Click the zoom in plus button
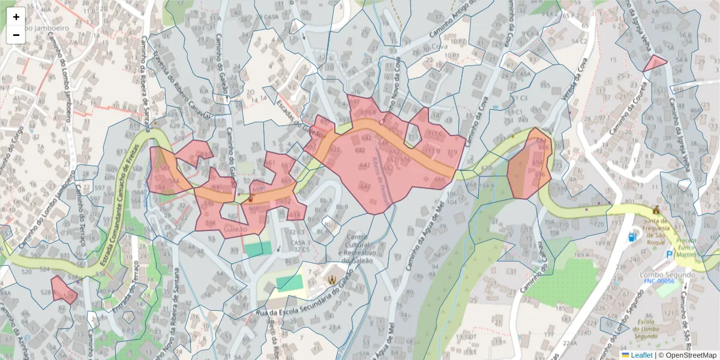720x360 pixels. pyautogui.click(x=16, y=17)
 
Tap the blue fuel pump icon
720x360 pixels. pyautogui.click(x=632, y=237)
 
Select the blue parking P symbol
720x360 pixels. pyautogui.click(x=670, y=255)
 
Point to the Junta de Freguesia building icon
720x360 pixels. pyautogui.click(x=655, y=211)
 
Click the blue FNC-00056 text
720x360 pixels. pyautogui.click(x=658, y=281)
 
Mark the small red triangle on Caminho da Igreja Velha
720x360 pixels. pyautogui.click(x=654, y=63)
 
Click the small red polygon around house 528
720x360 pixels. pyautogui.click(x=64, y=289)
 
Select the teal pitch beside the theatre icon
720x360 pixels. pyautogui.click(x=289, y=282)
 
